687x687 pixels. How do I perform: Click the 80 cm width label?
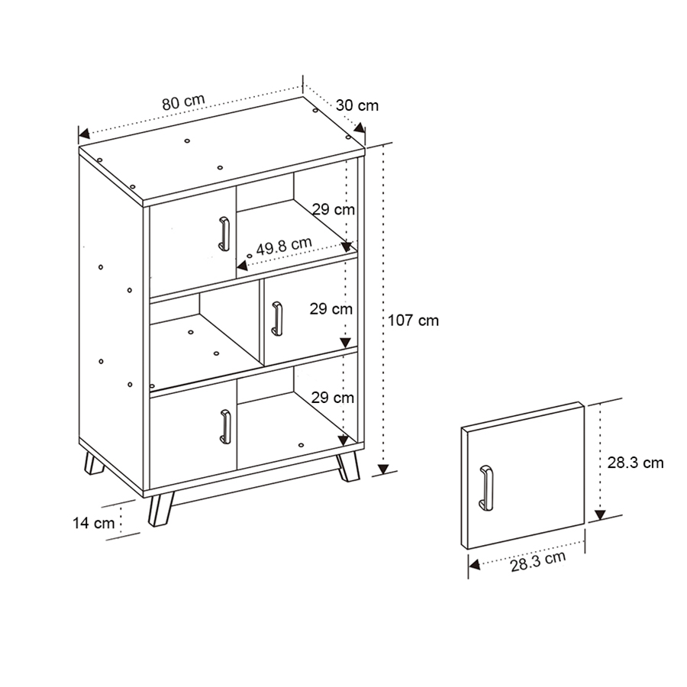pos(182,102)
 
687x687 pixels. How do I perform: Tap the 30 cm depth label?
pos(357,106)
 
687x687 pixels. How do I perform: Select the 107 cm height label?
pos(413,321)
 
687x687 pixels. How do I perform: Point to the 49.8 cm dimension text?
pos(284,246)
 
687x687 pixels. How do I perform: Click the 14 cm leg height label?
pos(94,523)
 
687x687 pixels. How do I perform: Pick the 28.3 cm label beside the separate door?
pos(636,462)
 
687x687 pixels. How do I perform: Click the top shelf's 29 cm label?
pos(333,208)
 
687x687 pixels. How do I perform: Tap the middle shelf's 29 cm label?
pos(331,309)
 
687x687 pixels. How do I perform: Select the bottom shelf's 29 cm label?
pos(332,398)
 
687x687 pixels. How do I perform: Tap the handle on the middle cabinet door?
pos(276,318)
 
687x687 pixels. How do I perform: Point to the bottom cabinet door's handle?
pos(225,425)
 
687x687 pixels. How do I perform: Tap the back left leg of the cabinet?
pos(94,464)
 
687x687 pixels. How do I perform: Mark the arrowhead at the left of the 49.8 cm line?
pos(242,266)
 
